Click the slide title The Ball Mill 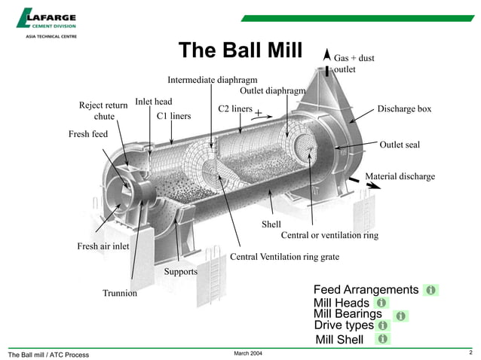click(239, 50)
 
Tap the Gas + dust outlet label click(354, 63)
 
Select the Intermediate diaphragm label click(213, 79)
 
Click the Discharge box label click(404, 109)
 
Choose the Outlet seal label click(400, 145)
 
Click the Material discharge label click(400, 176)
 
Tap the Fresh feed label click(89, 134)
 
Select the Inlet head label click(154, 102)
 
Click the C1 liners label click(173, 116)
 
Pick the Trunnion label click(120, 293)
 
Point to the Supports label click(180, 271)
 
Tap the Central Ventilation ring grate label click(284, 257)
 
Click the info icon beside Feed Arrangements click(430, 290)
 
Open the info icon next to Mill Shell click(382, 340)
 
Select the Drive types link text click(343, 325)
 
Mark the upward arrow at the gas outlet click(326, 56)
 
